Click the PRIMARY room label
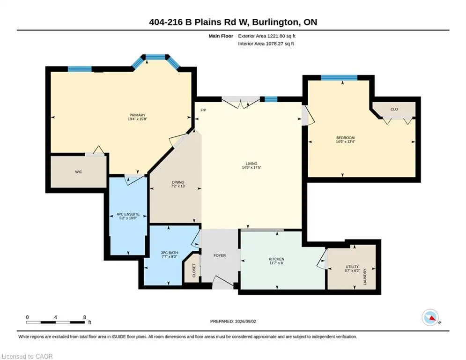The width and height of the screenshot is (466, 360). [137, 115]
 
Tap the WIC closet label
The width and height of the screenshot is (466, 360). [79, 172]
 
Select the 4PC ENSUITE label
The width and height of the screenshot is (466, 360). [128, 214]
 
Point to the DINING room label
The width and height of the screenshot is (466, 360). [178, 182]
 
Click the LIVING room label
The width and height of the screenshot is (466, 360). [251, 164]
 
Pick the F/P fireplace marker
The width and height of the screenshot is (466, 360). [203, 110]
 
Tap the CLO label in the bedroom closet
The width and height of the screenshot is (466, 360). [394, 109]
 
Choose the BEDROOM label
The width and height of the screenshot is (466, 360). [345, 138]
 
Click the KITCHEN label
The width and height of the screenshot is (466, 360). [276, 259]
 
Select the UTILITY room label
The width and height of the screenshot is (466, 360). [352, 267]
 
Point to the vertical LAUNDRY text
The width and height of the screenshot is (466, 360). [365, 277]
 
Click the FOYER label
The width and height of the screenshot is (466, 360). [220, 255]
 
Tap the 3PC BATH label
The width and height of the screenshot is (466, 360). [170, 253]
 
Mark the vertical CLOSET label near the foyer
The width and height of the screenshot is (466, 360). [194, 270]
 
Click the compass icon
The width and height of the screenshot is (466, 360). [430, 317]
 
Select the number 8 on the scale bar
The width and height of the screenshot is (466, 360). [85, 317]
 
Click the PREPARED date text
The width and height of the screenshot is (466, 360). [233, 321]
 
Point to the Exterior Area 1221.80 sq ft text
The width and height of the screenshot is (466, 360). [266, 36]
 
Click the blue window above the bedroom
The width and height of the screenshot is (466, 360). [339, 78]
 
